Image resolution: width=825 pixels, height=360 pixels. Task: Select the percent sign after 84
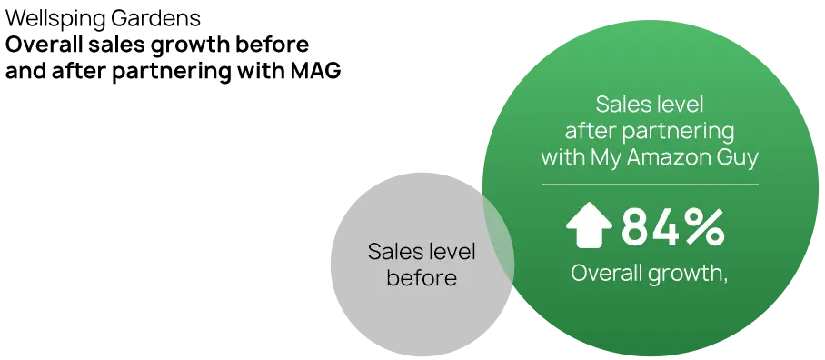704,227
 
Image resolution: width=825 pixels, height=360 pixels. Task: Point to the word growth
689,273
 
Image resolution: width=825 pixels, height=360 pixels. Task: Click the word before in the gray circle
422,277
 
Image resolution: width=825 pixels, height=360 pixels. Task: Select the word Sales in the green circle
624,104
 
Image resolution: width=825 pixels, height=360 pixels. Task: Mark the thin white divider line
650,185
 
